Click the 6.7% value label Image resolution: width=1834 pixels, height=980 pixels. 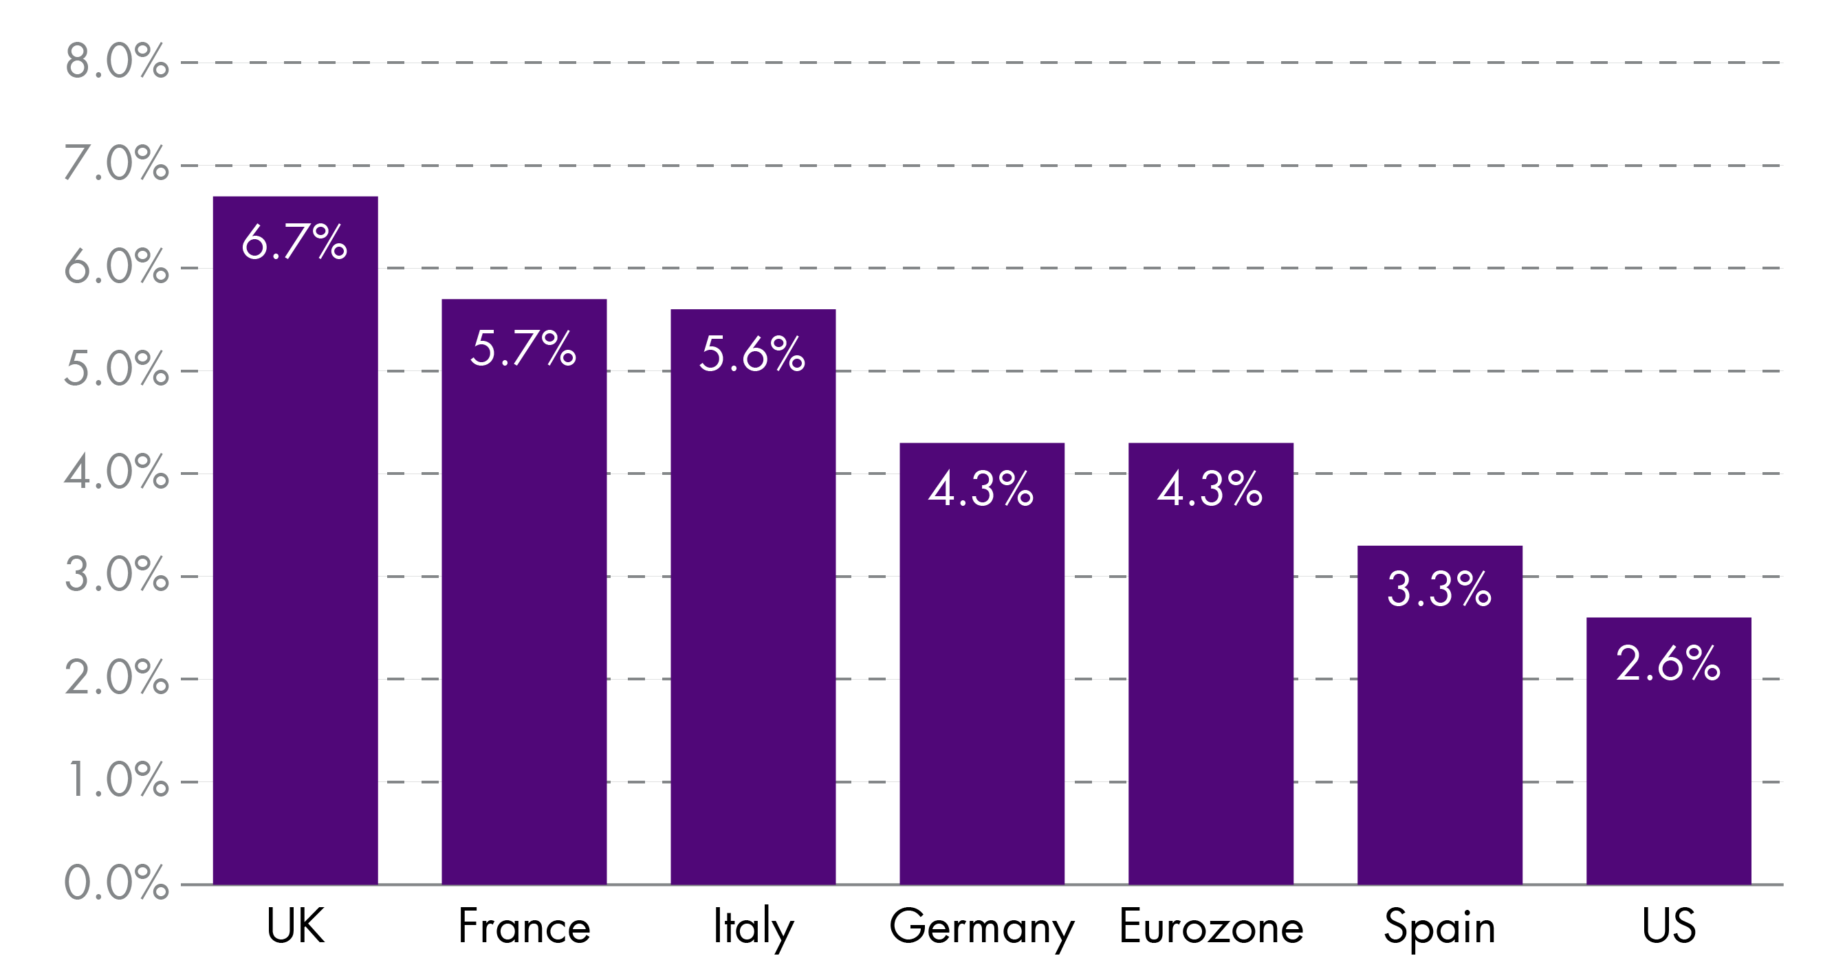pyautogui.click(x=294, y=242)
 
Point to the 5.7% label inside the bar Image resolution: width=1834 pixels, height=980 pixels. pyautogui.click(x=523, y=348)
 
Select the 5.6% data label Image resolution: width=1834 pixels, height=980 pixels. pyautogui.click(x=752, y=354)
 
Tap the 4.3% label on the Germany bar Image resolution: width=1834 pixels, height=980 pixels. pyautogui.click(x=981, y=489)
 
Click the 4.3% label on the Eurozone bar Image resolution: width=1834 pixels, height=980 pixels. pyautogui.click(x=1210, y=489)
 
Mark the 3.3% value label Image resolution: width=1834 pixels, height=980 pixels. pyautogui.click(x=1439, y=589)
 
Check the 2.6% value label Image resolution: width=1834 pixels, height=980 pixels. pyautogui.click(x=1668, y=663)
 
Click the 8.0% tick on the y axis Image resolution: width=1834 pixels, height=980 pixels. pyautogui.click(x=117, y=61)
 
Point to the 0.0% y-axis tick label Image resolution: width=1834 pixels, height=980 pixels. pyautogui.click(x=117, y=883)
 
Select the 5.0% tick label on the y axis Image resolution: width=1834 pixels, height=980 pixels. pyautogui.click(x=117, y=370)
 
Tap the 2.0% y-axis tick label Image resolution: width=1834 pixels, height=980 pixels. pyautogui.click(x=117, y=678)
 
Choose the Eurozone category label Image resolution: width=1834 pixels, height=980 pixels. pyautogui.click(x=1211, y=926)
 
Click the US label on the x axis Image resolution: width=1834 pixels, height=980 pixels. pyautogui.click(x=1669, y=926)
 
